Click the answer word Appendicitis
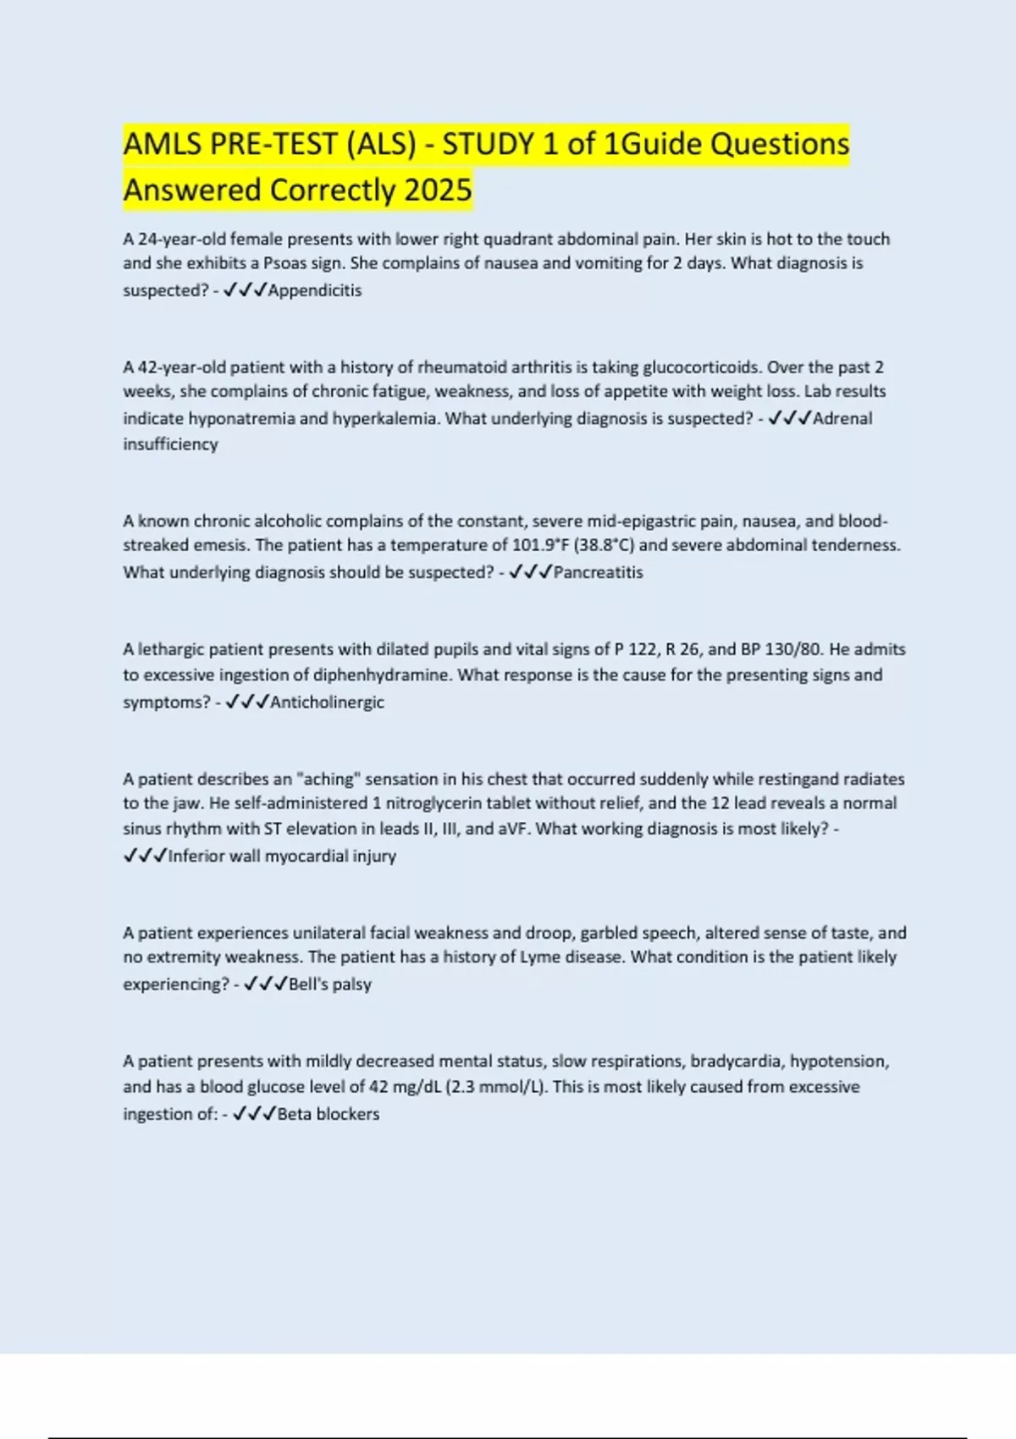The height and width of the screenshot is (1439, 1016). tap(314, 290)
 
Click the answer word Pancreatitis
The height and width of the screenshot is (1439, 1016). tap(598, 572)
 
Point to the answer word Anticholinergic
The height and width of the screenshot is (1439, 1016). tap(327, 702)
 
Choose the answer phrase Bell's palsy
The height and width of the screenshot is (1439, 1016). tap(330, 984)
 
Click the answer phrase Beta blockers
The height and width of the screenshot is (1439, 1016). tap(328, 1114)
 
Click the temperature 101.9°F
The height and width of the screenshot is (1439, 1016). tap(541, 545)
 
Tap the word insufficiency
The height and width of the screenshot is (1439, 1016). tap(170, 444)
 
